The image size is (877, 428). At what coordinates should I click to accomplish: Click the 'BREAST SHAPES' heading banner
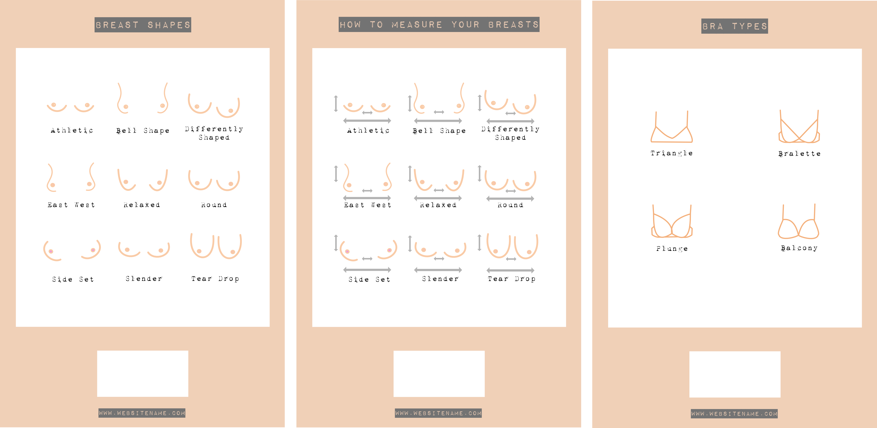tap(143, 25)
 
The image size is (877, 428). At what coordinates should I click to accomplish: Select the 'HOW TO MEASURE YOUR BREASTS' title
tap(439, 24)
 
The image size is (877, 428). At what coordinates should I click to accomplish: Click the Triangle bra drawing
tap(671, 129)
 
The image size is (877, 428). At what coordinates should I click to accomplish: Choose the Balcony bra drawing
tap(798, 225)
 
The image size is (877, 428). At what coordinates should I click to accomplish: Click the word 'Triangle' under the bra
tap(671, 153)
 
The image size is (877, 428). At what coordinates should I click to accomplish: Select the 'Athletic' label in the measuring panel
tap(368, 130)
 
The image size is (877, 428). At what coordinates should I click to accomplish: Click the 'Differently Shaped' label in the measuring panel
tap(510, 133)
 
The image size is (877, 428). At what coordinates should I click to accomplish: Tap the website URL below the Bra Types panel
tap(734, 414)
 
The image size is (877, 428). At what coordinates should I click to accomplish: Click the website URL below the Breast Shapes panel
tap(142, 413)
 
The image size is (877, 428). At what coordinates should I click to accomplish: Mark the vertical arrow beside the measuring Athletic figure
tap(336, 104)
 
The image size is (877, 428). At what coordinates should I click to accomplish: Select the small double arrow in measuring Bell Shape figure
tap(439, 112)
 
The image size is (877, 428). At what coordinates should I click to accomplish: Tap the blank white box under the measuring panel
tap(439, 373)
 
